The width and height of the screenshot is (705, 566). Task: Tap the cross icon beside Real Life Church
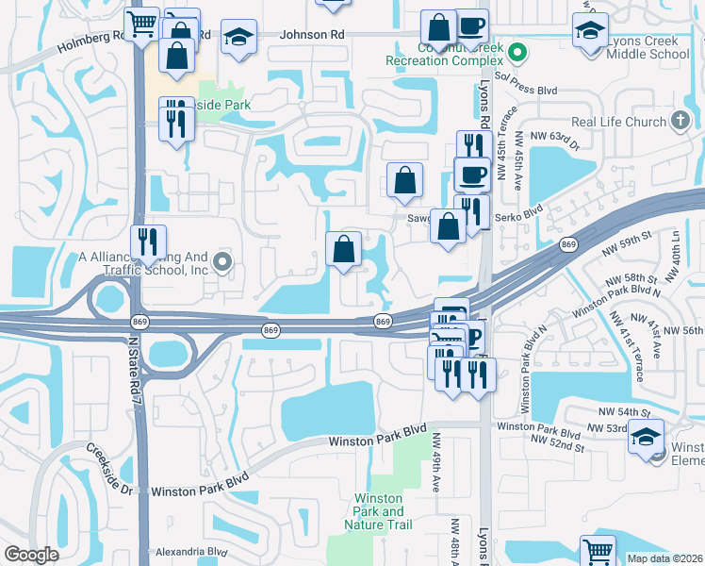[x=680, y=122]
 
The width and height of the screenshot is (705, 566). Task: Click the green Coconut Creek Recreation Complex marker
[x=516, y=51]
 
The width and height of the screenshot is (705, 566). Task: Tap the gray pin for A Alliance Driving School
[x=222, y=262]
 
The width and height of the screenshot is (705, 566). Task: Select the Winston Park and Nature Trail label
[x=379, y=511]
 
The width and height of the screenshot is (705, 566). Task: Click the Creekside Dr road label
[x=110, y=466]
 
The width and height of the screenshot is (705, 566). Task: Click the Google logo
[x=31, y=555]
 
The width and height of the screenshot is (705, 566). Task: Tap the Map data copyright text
[x=664, y=558]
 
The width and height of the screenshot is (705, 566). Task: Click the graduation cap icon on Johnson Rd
[x=239, y=37]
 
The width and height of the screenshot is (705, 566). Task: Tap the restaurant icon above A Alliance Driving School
[x=149, y=241]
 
